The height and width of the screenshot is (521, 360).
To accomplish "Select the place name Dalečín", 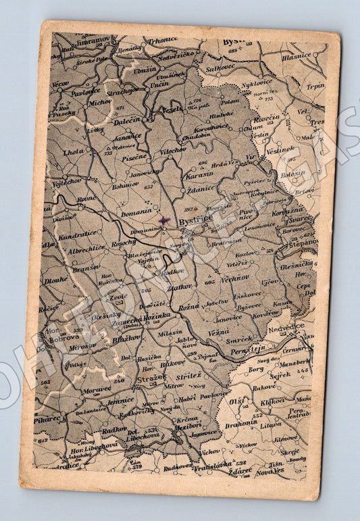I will point(126,120).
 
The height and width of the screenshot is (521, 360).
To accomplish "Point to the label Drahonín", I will point(241,424).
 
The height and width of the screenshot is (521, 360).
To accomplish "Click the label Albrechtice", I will point(86,249).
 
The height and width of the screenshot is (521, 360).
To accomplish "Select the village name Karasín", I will point(201,172).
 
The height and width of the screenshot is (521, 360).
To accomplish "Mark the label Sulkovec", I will point(220,68).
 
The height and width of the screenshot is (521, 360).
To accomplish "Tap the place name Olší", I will point(236,402).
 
